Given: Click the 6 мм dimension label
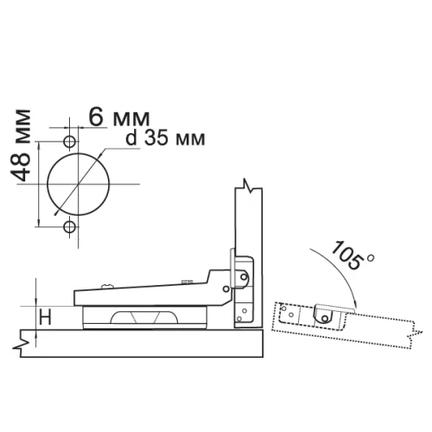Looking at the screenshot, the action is [119, 118].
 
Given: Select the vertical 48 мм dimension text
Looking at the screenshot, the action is [20, 145].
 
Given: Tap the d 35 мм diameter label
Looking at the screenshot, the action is [166, 138].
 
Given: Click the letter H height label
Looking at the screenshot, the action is [45, 318].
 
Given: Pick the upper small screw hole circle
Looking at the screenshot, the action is [69, 142].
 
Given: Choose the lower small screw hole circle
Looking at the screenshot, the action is [69, 227].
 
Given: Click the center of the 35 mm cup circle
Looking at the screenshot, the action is [79, 184].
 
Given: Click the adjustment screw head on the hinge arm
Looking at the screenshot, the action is [108, 286].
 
